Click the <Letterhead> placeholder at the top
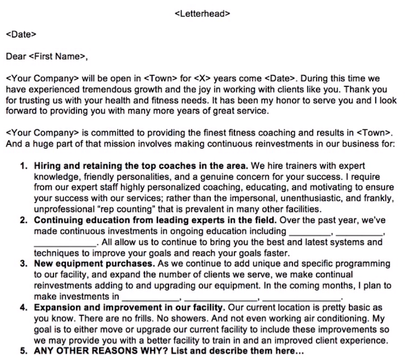[202, 14]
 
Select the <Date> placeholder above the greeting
[21, 35]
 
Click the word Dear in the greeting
[15, 56]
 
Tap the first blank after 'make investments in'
[150, 297]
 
